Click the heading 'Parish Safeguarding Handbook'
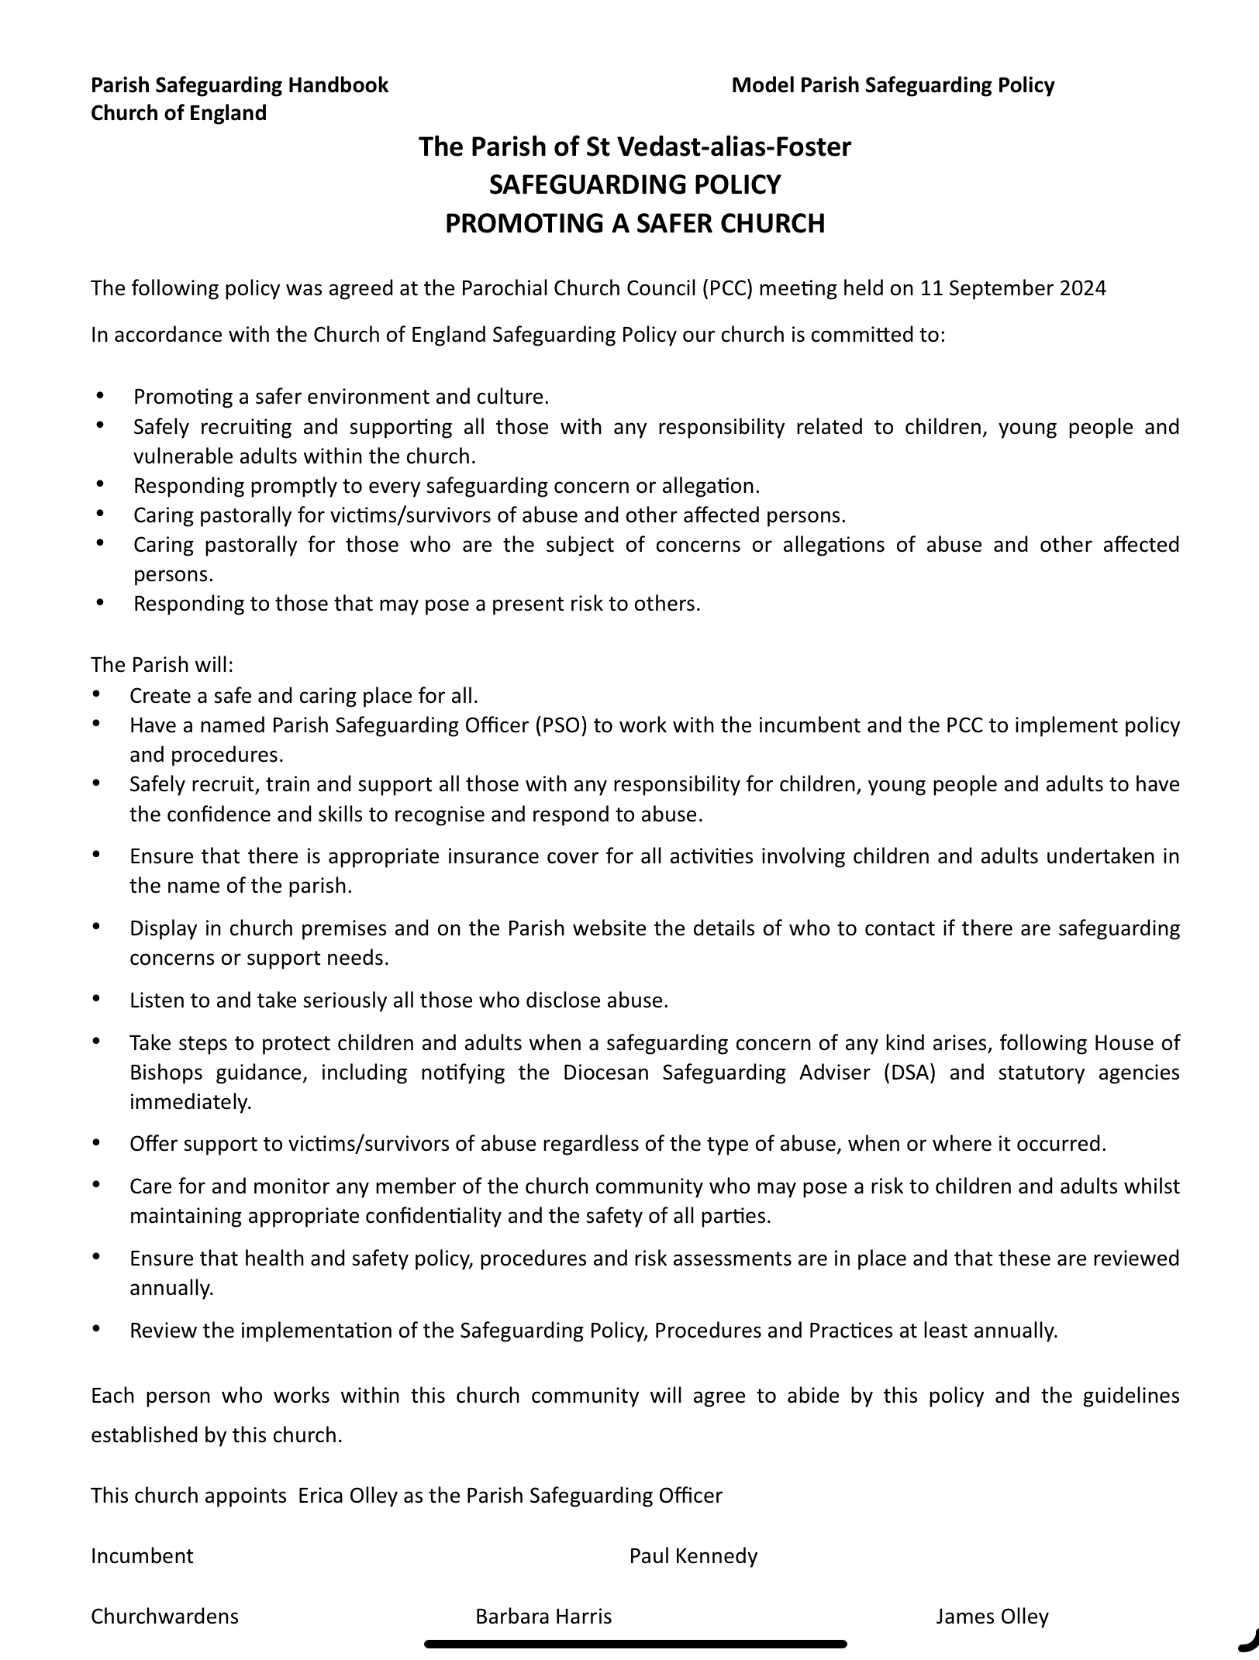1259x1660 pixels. click(x=240, y=85)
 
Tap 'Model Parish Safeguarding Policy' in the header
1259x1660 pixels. click(x=892, y=85)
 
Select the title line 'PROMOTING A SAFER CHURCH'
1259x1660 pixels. click(x=634, y=223)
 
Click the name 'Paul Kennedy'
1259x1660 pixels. click(x=693, y=1555)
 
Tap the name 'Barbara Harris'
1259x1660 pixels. click(x=543, y=1616)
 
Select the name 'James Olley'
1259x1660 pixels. click(x=992, y=1616)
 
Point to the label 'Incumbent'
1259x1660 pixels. click(x=142, y=1555)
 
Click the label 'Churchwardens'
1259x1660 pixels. click(x=164, y=1616)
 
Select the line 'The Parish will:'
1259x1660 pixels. click(x=162, y=665)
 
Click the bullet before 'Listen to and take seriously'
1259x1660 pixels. click(x=96, y=999)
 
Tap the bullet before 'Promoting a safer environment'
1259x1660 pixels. click(x=100, y=396)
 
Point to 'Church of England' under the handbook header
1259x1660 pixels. click(x=178, y=113)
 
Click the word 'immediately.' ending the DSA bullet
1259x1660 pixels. click(x=191, y=1102)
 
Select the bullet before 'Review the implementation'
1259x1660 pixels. click(x=96, y=1329)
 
